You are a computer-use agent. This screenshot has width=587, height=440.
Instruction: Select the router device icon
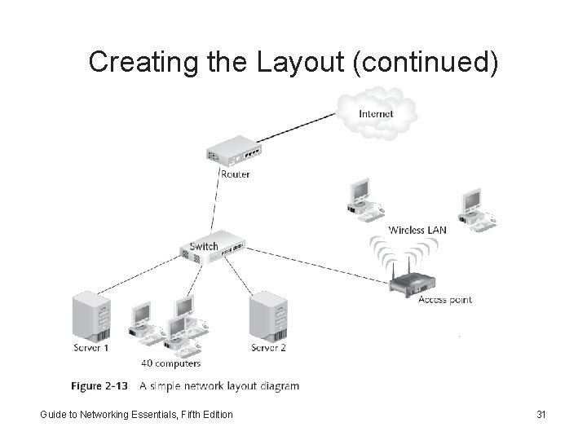[x=233, y=153]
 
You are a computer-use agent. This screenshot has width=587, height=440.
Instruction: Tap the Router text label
[x=235, y=174]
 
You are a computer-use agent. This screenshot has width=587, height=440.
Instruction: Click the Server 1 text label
[x=90, y=349]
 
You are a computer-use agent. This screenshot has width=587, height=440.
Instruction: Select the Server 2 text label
[x=268, y=349]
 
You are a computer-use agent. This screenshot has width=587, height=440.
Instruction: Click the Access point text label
[x=444, y=300]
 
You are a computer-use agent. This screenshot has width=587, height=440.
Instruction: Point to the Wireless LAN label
[x=417, y=230]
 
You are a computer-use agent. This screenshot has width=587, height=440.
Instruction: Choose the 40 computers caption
[x=171, y=363]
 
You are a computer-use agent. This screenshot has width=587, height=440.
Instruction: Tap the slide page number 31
[x=541, y=415]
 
